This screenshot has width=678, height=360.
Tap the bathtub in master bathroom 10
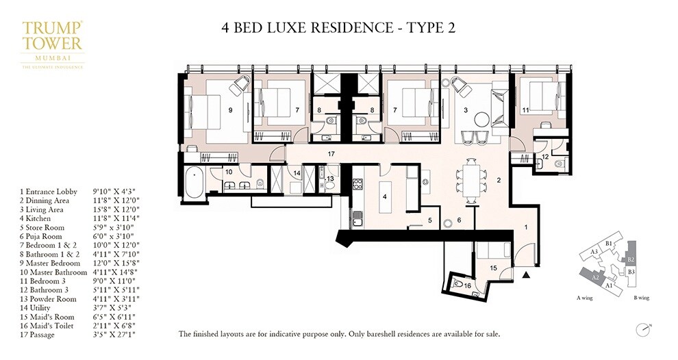(194, 181)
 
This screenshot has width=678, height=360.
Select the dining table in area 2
(470, 181)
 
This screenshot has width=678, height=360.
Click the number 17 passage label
(331, 153)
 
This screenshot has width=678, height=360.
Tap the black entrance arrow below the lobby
(526, 275)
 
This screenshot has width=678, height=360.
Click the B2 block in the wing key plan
(631, 259)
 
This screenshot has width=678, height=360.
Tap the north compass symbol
(642, 328)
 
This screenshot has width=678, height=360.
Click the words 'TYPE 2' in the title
(427, 28)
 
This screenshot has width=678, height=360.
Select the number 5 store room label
(430, 220)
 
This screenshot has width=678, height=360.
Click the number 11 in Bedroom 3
(525, 109)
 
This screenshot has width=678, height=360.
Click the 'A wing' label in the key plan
(586, 298)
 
